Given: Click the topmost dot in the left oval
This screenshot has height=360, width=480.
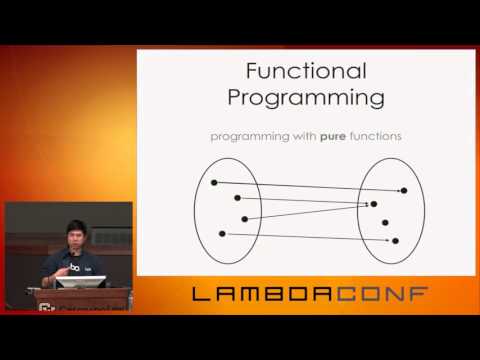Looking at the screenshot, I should pos(214,182).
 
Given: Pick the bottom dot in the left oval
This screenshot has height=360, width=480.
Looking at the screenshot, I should pos(222,233).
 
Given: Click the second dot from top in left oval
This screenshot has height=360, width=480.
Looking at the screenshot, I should pos(237,198).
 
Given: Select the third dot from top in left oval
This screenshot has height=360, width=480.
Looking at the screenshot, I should pos(244,217).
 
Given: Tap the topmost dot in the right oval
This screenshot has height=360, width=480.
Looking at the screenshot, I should pos(404,190).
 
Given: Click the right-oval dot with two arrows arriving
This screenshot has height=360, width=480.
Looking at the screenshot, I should pos(374,204).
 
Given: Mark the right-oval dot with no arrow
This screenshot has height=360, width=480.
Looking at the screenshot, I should pos(385,222).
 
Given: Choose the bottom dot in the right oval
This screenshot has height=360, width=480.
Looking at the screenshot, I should pos(395,241).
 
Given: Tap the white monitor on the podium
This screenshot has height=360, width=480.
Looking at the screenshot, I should pos(81,283).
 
